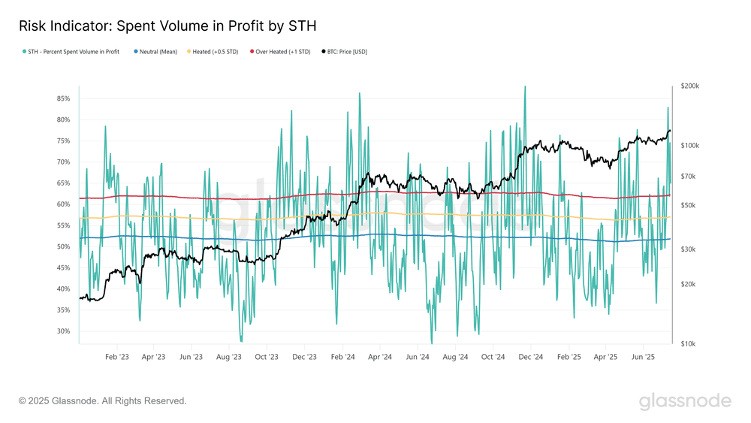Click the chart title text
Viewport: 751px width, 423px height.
pos(167,26)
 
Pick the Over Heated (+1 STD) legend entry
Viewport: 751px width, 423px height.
pos(283,52)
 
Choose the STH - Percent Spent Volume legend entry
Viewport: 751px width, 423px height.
pos(74,52)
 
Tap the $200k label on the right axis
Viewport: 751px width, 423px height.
pos(689,86)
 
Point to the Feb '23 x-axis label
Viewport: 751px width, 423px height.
pos(116,358)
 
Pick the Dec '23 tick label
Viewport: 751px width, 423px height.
pos(305,358)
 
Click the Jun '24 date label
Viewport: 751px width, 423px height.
pos(418,358)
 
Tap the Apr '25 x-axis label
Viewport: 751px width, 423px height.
pos(606,358)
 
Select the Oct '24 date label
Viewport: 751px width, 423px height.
pos(493,358)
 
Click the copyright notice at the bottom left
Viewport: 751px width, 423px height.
pos(102,401)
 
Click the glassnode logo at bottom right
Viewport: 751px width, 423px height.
pos(685,401)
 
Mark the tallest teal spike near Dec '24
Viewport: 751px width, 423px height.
pos(524,86)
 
